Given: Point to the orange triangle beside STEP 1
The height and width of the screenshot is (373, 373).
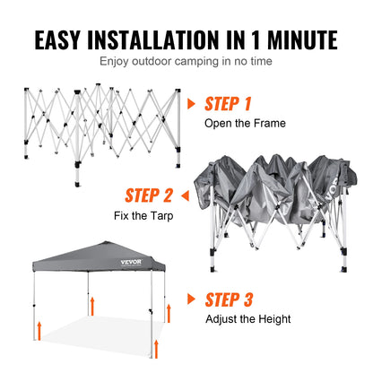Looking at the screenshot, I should click(191, 103).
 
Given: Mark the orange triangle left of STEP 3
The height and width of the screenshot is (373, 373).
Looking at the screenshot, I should click(192, 299).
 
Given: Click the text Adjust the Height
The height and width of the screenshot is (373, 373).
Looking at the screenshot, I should click(247, 318).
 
